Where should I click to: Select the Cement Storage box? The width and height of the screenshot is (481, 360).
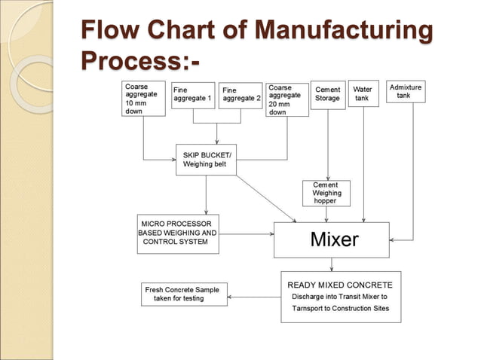coord(328,94)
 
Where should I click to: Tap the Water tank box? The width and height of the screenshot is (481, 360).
coord(363,94)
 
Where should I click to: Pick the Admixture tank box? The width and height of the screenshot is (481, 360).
coord(406,92)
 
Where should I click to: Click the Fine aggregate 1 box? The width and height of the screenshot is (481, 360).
coord(193,95)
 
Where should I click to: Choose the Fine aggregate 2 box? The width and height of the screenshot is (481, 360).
coord(240,95)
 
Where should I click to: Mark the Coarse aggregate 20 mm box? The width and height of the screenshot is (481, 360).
coord(286,99)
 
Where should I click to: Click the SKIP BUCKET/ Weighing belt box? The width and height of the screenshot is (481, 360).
coord(206,160)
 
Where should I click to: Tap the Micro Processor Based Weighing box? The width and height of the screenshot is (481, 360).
coord(177,233)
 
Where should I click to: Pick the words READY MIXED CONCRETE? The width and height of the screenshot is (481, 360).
coord(340,285)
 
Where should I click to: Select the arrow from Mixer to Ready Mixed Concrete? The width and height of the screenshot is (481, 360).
coord(332,264)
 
